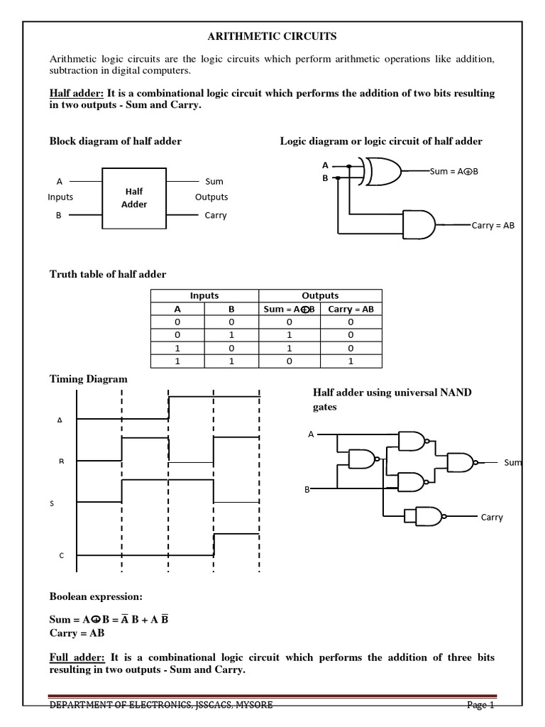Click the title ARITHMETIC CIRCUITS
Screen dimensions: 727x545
(272, 35)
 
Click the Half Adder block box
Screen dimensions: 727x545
(134, 198)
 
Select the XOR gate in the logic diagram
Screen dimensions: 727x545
(382, 171)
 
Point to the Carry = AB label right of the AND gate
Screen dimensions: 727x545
(492, 225)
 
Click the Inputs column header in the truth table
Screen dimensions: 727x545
(204, 295)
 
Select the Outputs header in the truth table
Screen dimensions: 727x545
(320, 295)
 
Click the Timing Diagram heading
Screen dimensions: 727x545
(88, 379)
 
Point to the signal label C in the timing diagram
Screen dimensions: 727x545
(60, 556)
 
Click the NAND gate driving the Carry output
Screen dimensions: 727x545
(422, 515)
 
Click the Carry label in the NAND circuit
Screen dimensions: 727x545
(491, 517)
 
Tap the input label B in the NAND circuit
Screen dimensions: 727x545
(307, 489)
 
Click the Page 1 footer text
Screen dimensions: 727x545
(480, 705)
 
